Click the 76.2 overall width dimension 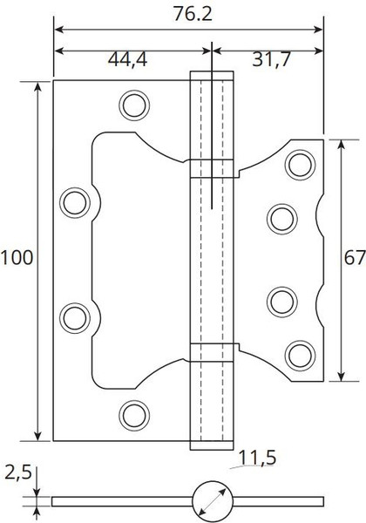pos(193,14)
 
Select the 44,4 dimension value pos(128,59)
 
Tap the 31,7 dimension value pos(271,59)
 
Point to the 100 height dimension pos(17,258)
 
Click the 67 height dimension pos(355,258)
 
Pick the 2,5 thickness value pos(18,472)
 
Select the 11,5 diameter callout pos(258,458)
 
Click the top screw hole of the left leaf pos(134,105)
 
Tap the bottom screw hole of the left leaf pos(134,416)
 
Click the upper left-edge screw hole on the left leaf pos(75,203)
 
